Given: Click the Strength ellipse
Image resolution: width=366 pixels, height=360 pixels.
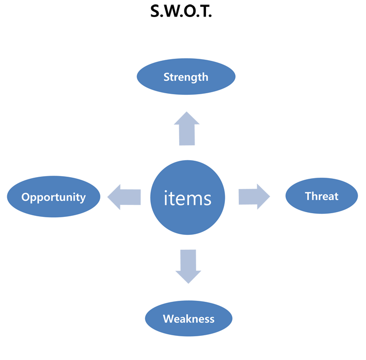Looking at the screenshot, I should point(186,77).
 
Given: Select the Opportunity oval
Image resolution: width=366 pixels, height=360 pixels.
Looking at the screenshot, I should point(54,197).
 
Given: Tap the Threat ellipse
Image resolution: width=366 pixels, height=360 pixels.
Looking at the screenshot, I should point(321,196).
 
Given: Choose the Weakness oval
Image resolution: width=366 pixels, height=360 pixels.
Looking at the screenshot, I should point(188,319).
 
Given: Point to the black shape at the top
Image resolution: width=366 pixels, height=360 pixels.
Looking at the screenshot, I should point(181,20).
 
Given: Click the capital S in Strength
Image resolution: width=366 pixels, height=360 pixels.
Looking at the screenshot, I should point(167,77).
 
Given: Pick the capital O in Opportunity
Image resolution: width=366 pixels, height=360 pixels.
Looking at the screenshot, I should point(25,197).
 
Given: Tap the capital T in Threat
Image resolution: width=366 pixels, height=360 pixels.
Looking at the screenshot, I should point(308,196).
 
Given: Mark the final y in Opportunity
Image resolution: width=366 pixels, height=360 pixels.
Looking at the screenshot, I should point(82,199).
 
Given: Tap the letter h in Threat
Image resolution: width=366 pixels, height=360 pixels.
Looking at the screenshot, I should point(315,196).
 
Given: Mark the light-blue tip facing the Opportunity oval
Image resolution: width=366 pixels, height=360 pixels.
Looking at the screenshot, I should point(105,196).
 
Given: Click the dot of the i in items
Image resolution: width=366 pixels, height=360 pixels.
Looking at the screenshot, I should point(166,191).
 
